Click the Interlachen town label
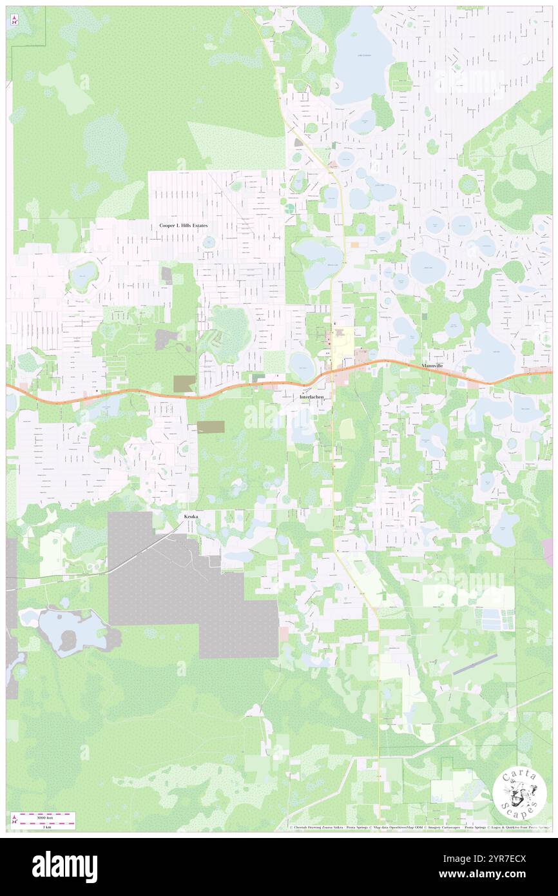tap(312, 397)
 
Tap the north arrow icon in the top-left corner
tap(14, 20)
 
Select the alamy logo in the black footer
tap(64, 866)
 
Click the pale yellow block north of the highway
tap(342, 338)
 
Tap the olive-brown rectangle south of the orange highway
tap(210, 426)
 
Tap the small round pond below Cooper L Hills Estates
tap(209, 242)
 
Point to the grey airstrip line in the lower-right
tap(475, 664)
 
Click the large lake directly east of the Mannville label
tap(491, 351)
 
